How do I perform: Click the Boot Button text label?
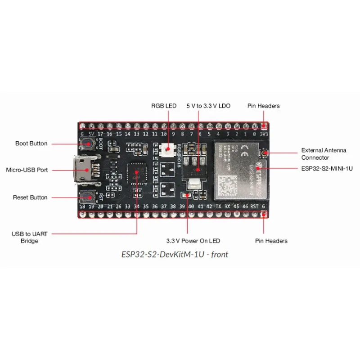[31, 144]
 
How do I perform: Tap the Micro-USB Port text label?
[27, 170]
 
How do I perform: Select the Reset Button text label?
[30, 198]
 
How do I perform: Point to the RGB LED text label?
[163, 106]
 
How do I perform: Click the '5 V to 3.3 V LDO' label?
[208, 106]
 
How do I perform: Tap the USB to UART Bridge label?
[30, 237]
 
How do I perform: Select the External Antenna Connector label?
[324, 154]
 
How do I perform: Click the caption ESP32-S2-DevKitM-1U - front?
[175, 254]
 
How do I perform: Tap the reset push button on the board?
[87, 197]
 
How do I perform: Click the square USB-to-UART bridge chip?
[137, 174]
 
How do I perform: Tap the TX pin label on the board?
[218, 206]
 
